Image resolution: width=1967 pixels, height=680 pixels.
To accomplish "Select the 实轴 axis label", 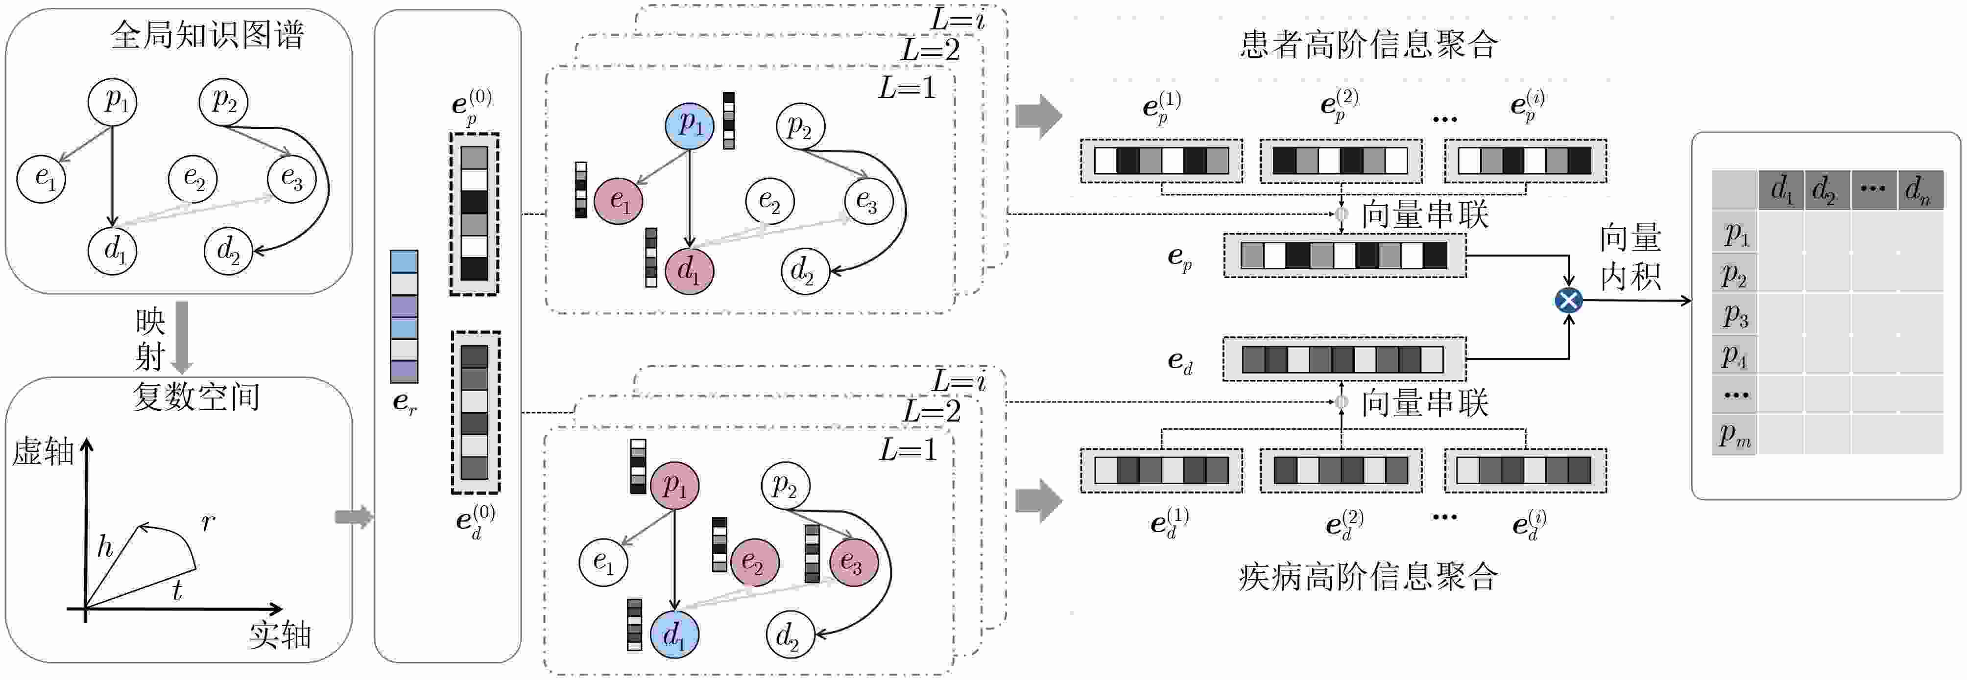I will pos(280,635).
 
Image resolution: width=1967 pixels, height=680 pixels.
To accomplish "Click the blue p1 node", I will pos(690,125).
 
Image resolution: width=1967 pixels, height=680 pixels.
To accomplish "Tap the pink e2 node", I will pos(754,563).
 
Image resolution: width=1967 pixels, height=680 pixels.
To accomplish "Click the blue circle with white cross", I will pos(1568,300).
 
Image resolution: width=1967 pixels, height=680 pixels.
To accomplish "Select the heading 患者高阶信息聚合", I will pos(1368,44).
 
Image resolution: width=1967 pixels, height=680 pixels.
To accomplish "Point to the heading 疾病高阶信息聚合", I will pos(1368,577).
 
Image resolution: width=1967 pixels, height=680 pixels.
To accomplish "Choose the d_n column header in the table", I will pos(1919,189).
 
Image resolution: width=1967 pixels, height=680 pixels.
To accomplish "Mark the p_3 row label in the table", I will pos(1735,314).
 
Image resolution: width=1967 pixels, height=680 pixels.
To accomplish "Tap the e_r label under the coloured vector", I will pos(405,402).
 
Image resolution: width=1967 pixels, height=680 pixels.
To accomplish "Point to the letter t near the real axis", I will pos(177,590).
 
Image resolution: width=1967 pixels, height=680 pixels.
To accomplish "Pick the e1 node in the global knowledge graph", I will pos(43,179).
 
